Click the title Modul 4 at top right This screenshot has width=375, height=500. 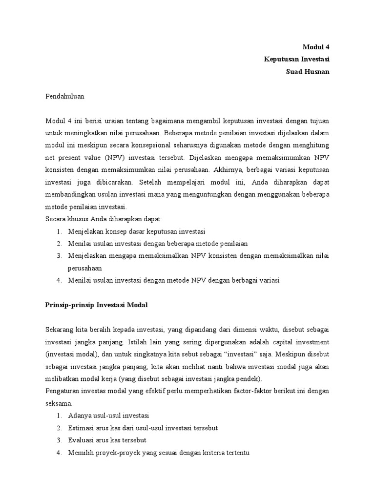(316, 47)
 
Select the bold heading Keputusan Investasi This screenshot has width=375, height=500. (297, 59)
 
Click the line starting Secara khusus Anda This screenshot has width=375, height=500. (103, 218)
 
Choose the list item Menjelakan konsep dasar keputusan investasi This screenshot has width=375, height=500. (137, 231)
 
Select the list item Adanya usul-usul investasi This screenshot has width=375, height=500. (108, 415)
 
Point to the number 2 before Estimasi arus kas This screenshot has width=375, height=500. (58, 428)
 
